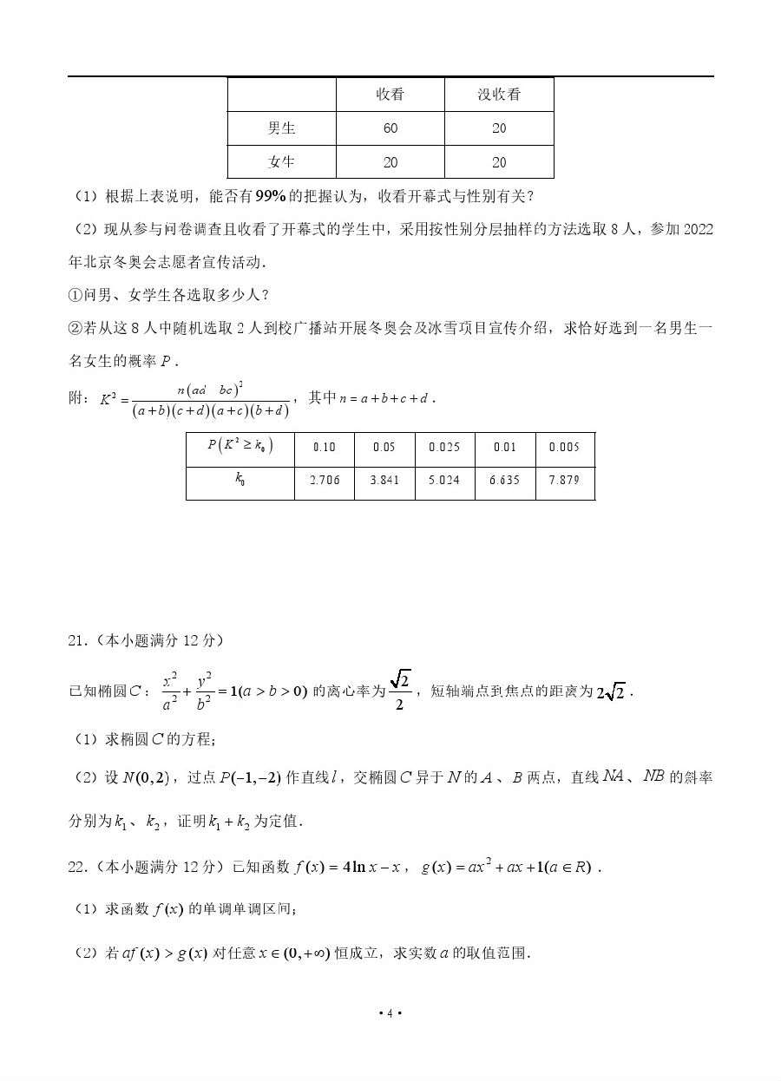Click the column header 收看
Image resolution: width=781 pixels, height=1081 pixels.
[x=390, y=95]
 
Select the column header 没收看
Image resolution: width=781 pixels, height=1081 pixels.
[x=499, y=95]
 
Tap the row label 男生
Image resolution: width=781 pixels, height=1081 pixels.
[x=282, y=128]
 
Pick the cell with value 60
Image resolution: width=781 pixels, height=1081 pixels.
[x=390, y=128]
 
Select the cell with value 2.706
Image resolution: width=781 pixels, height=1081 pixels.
[x=324, y=480]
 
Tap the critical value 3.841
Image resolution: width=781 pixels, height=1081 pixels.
[x=384, y=480]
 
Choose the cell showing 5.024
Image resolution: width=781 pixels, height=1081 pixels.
[x=444, y=480]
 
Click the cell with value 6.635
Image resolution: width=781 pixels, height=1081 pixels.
[x=504, y=480]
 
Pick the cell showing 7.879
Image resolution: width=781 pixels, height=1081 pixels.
[x=564, y=480]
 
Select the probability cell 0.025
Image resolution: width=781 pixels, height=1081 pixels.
[x=444, y=447]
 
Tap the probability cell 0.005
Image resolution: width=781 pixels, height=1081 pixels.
[x=564, y=447]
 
